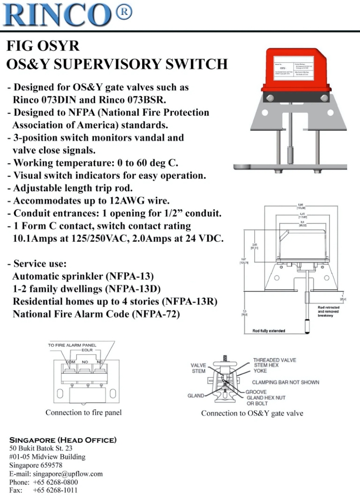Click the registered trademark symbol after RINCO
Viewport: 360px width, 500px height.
coord(124,12)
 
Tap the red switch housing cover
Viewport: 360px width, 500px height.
coord(297,68)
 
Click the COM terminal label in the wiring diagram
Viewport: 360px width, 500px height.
coord(70,362)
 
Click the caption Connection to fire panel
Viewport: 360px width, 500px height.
coord(84,412)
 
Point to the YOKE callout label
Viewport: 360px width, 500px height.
coord(260,371)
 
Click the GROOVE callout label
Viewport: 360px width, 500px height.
coord(256,392)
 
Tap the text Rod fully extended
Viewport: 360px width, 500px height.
coord(269,331)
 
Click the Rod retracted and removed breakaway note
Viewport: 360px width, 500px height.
coord(328,311)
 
